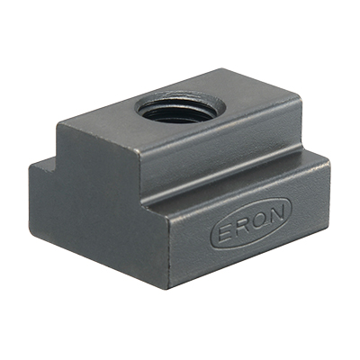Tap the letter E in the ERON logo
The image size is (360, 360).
pos(225,231)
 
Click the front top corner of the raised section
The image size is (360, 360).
pos(139,151)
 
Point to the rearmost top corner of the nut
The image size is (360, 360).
pos(221,70)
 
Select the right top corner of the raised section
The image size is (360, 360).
pos(299,96)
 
